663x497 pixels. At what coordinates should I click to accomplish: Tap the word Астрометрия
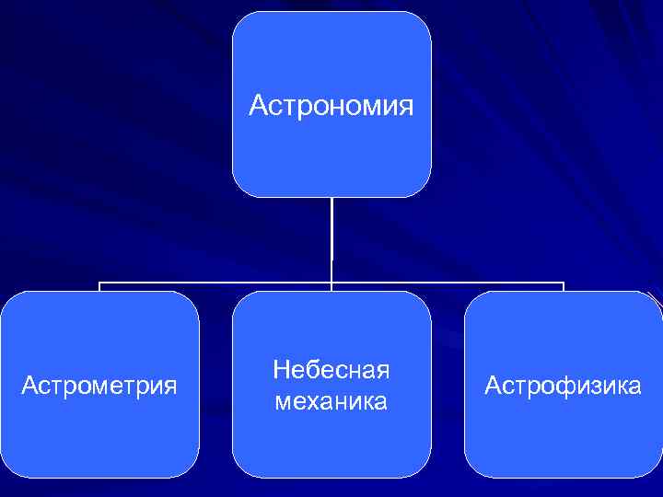pyautogui.click(x=99, y=385)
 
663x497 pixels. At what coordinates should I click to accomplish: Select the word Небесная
pyautogui.click(x=331, y=370)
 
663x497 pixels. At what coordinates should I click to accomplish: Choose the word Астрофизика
pyautogui.click(x=563, y=385)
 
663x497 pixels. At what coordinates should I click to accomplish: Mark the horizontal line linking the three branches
pyautogui.click(x=212, y=283)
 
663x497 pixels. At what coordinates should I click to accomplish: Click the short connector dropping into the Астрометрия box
pyautogui.click(x=99, y=287)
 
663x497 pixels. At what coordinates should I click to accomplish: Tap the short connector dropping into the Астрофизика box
pyautogui.click(x=563, y=287)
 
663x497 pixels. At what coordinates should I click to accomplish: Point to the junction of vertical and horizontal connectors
pyautogui.click(x=331, y=283)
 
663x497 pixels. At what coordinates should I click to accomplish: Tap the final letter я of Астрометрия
pyautogui.click(x=170, y=386)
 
